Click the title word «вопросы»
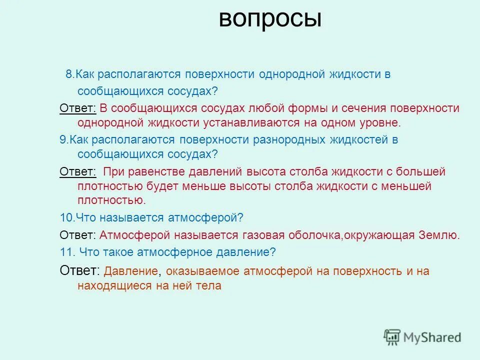click(x=270, y=19)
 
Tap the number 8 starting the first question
click(x=68, y=75)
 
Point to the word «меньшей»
click(x=407, y=186)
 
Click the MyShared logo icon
click(x=392, y=337)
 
